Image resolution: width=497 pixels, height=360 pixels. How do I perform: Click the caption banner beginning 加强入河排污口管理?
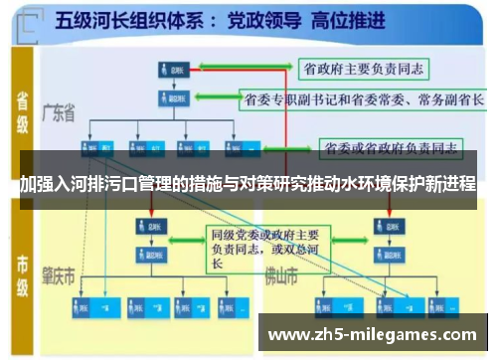pyautogui.click(x=248, y=185)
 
